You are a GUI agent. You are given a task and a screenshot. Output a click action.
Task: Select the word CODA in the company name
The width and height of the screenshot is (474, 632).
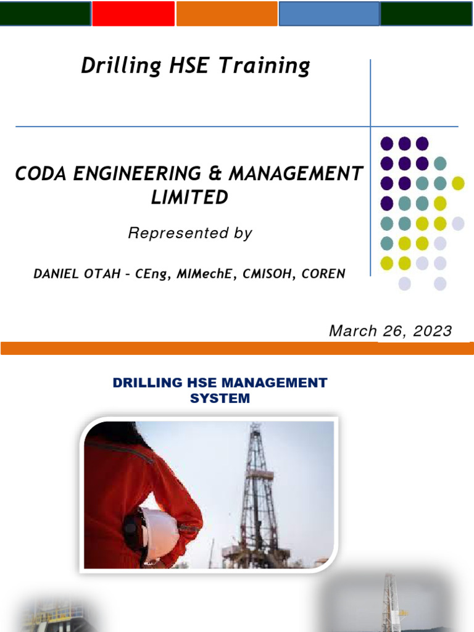coord(39,174)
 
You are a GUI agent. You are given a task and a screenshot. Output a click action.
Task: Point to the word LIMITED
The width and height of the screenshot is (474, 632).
coord(189,197)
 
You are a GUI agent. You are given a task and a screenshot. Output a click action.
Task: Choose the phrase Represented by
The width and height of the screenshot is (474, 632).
coord(189,233)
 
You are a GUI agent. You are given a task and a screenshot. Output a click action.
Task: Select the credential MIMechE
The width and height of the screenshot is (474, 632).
coord(207,273)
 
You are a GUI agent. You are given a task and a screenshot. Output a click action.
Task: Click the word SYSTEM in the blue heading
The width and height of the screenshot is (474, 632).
coord(220,398)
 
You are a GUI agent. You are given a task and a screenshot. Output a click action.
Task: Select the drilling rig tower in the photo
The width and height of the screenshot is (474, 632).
coord(259,494)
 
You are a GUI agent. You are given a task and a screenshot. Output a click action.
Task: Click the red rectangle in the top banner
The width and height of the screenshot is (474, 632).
coord(133,14)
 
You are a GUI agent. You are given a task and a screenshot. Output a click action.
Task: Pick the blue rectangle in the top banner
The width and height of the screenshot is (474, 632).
coord(328,14)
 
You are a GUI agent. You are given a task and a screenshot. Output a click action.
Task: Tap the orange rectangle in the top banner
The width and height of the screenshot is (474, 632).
coord(227,14)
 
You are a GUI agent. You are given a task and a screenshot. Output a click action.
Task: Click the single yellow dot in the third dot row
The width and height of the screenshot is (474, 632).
coord(457,183)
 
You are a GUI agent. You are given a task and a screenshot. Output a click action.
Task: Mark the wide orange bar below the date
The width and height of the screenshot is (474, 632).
coord(237,349)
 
